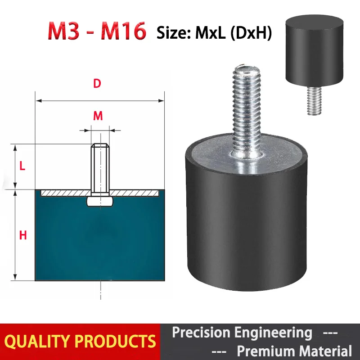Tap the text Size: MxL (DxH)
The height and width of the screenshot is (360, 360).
click(x=214, y=33)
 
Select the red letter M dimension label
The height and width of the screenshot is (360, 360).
click(x=98, y=116)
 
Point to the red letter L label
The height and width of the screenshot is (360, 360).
click(x=22, y=166)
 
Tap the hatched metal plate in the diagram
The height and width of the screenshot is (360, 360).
click(x=63, y=193)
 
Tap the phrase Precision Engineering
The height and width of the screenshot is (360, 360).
click(x=242, y=333)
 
